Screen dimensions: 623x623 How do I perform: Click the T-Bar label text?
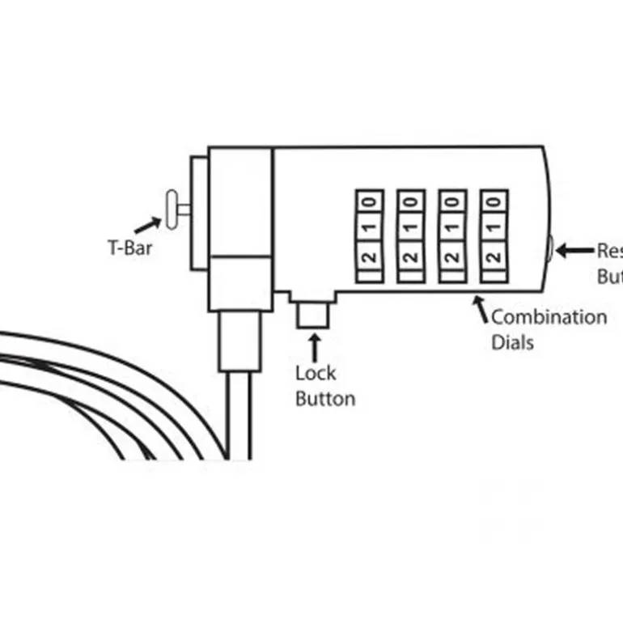(130, 247)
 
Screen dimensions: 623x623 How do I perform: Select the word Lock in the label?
(316, 373)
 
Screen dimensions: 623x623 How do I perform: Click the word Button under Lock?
(324, 398)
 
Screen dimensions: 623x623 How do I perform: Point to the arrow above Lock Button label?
(313, 346)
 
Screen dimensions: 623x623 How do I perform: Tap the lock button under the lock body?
(312, 314)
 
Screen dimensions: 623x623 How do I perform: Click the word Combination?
(549, 316)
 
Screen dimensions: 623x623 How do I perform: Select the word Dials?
(512, 341)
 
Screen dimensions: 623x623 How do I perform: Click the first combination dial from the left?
(368, 236)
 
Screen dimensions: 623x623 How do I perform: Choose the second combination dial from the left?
(410, 236)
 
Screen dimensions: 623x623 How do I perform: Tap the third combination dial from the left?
(452, 236)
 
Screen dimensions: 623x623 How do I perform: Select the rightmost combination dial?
(494, 236)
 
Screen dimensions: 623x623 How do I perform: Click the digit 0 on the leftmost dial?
(368, 200)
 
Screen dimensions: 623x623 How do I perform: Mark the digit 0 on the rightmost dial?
(494, 200)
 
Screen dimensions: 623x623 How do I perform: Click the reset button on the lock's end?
(549, 249)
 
